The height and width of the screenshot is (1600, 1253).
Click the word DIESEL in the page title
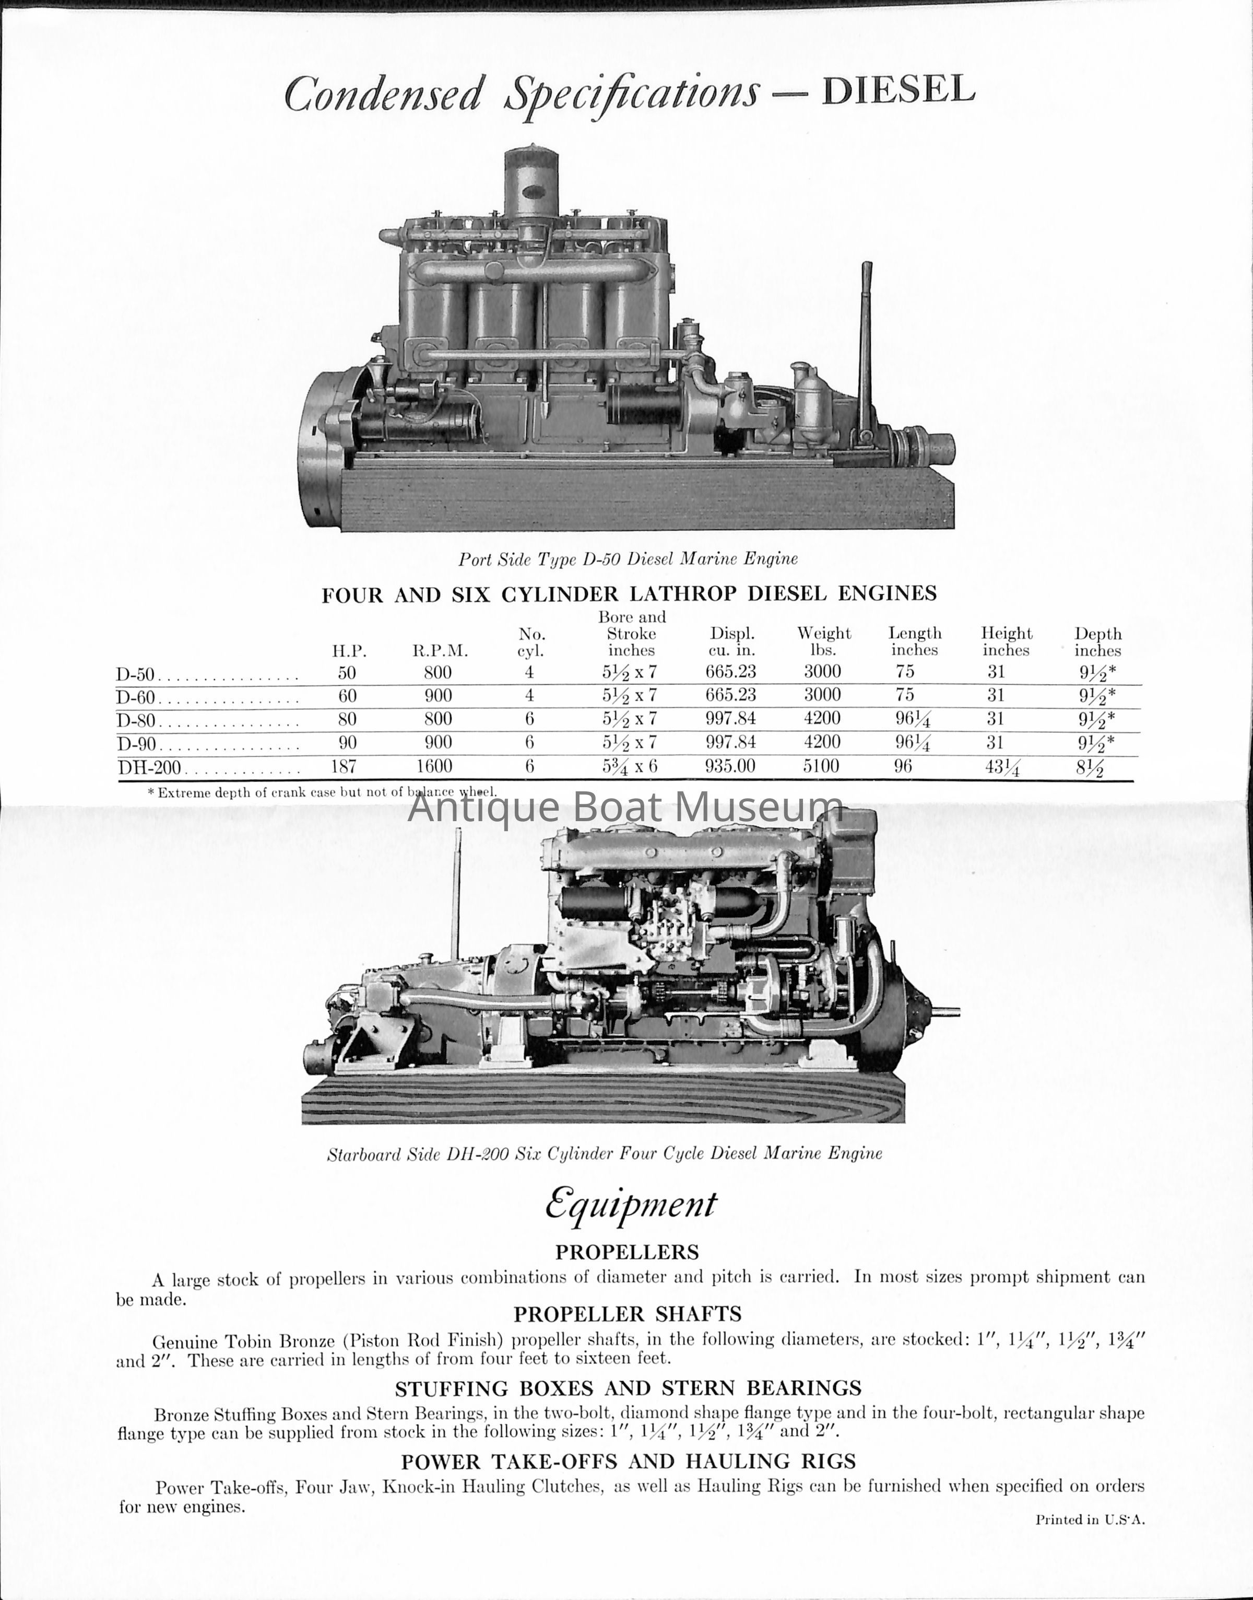tap(898, 91)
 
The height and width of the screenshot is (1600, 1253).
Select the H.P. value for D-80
tap(347, 719)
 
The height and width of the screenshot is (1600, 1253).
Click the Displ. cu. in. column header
tap(731, 641)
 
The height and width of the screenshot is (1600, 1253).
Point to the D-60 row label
tap(136, 696)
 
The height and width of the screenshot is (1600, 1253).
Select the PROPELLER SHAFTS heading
tap(627, 1313)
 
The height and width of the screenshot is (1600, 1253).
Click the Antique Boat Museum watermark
tap(625, 808)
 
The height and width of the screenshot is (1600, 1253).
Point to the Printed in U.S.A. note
tap(1090, 1520)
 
